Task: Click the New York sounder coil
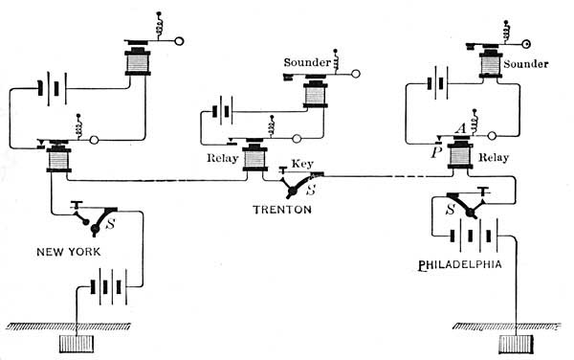(140, 63)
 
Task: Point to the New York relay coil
(59, 160)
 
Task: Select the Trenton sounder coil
(314, 97)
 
